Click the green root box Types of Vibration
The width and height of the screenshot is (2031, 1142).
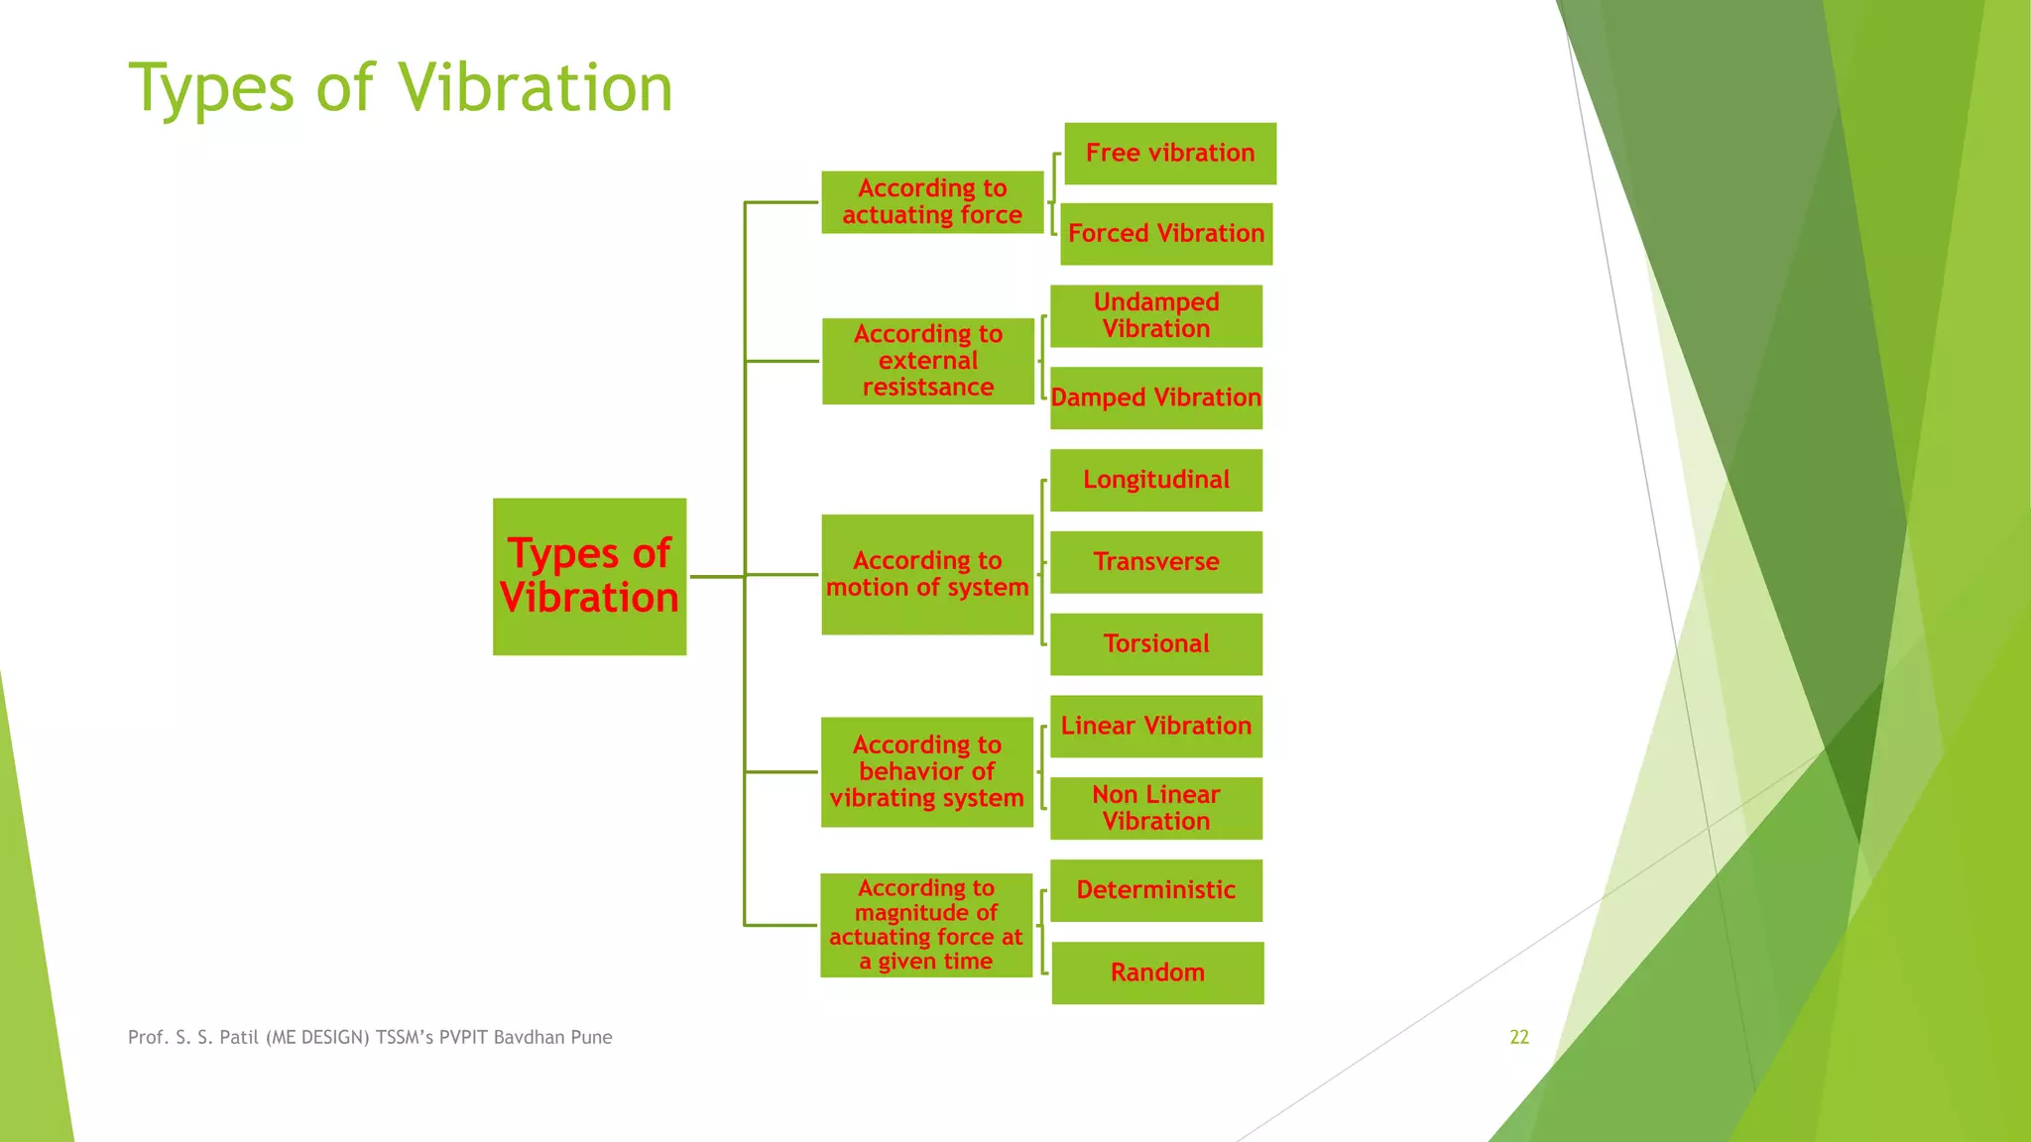[589, 576]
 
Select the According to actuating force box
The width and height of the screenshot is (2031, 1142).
[932, 202]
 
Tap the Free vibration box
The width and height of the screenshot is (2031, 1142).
[1170, 154]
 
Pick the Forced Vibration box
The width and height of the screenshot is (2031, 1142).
[1166, 234]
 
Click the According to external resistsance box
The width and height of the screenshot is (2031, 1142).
[928, 361]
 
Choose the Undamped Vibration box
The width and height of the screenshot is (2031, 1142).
[1156, 316]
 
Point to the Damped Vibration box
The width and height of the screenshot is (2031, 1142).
[1156, 398]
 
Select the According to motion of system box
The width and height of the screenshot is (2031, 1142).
[927, 574]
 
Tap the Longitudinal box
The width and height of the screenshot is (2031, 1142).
[1156, 480]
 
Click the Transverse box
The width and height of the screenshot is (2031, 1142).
[1156, 562]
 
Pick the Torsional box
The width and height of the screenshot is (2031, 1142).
[1156, 644]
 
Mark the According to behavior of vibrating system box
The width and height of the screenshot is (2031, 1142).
[927, 771]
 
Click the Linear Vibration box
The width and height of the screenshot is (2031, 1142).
[1156, 727]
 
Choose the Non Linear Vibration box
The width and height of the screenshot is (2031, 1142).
[1156, 808]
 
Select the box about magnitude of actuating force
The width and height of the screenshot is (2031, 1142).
[926, 925]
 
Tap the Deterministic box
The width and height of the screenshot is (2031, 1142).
[1156, 890]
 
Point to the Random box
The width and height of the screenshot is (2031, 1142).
[1157, 972]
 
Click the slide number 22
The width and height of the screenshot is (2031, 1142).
[1519, 1037]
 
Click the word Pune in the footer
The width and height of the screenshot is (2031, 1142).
[591, 1037]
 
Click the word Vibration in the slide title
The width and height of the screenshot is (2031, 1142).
[537, 87]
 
